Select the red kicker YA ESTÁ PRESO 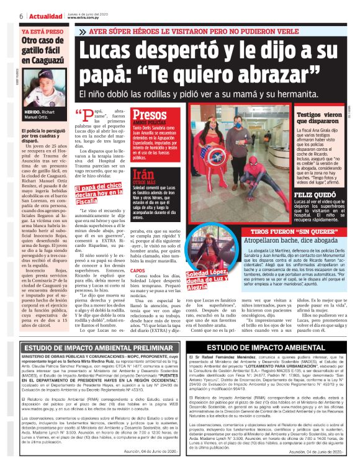point(42,30)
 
